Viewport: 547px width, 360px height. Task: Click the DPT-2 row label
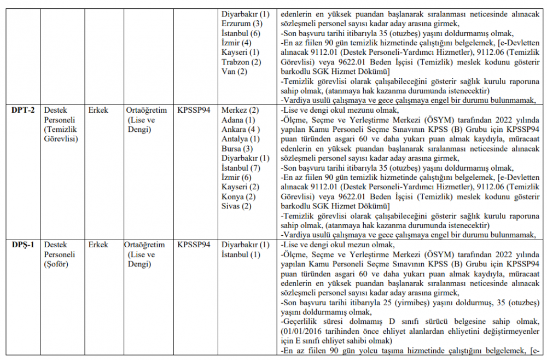coord(23,110)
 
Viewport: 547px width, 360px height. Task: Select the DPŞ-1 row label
coord(23,245)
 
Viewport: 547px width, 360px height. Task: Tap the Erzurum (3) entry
coord(242,24)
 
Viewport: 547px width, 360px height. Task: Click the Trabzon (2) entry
coord(242,62)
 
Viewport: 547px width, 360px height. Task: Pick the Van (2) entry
coord(235,71)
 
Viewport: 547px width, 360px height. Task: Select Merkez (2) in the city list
coord(240,110)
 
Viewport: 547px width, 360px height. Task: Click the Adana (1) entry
coord(238,120)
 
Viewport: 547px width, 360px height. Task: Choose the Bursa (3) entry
coord(237,148)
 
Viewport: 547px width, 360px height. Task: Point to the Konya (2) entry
coord(238,196)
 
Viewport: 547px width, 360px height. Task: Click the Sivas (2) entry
coord(236,206)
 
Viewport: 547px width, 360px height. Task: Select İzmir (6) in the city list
coord(237,177)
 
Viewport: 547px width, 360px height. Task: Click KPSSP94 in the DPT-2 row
coord(194,110)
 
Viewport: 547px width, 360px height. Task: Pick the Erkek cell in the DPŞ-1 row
coord(98,245)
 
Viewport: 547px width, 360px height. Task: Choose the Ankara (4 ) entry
coord(241,129)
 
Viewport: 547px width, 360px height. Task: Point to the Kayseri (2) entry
coord(240,187)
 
